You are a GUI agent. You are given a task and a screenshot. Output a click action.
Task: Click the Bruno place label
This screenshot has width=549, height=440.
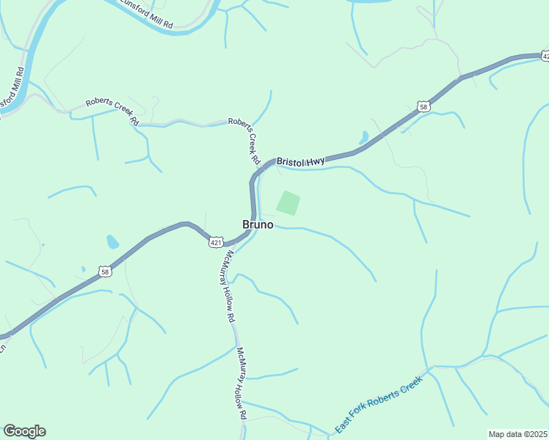point(258,225)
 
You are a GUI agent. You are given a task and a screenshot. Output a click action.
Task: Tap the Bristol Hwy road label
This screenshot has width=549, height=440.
point(300,161)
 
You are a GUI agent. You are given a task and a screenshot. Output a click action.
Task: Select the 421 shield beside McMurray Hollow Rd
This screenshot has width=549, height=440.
point(216,241)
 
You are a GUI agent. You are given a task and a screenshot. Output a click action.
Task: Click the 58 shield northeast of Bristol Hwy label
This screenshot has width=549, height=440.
point(423,107)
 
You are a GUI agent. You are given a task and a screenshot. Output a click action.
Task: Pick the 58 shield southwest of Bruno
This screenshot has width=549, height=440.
point(106,271)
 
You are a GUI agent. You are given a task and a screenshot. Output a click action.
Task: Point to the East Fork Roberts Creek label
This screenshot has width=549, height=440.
point(379,405)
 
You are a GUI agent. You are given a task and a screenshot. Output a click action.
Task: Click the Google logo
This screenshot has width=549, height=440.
point(24,431)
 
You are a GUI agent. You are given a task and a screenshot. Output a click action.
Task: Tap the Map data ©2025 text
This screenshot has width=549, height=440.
point(517,434)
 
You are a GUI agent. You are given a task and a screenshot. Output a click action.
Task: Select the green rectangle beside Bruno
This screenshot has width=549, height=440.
point(288,203)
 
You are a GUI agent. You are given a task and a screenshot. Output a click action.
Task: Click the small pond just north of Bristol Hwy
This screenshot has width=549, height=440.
point(363,137)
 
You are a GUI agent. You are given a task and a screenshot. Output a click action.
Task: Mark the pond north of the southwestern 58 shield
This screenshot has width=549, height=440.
point(112,241)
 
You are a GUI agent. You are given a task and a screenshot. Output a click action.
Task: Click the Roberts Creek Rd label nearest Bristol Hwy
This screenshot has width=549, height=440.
point(244,140)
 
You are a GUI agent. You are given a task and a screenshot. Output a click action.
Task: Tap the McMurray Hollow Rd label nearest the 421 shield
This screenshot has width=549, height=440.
point(230,287)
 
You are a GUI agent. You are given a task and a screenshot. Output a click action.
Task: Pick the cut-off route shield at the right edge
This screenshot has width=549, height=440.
point(544,56)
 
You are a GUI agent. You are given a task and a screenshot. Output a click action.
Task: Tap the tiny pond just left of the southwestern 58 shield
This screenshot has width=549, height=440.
point(83,269)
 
